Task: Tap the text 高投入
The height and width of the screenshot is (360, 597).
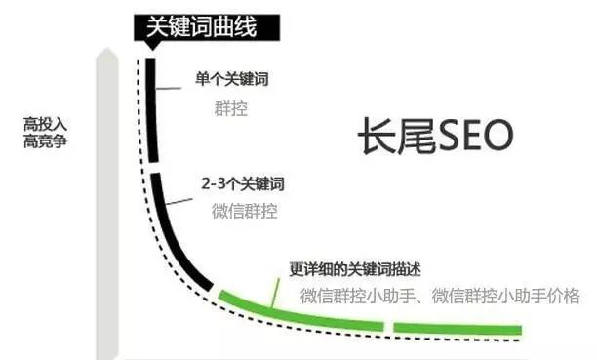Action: point(45,125)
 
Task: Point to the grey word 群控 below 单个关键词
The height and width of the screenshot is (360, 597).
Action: point(230,108)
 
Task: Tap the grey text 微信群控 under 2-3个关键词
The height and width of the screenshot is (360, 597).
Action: point(244,211)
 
